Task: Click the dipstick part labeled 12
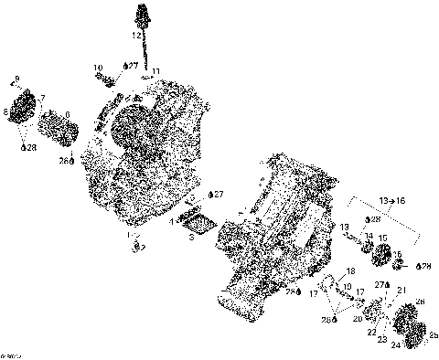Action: tap(142, 16)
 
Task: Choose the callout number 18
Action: tap(351, 273)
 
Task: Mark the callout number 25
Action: tap(433, 335)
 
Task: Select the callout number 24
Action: tap(394, 345)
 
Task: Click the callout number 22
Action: tap(372, 332)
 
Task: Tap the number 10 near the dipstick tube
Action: tap(98, 69)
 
